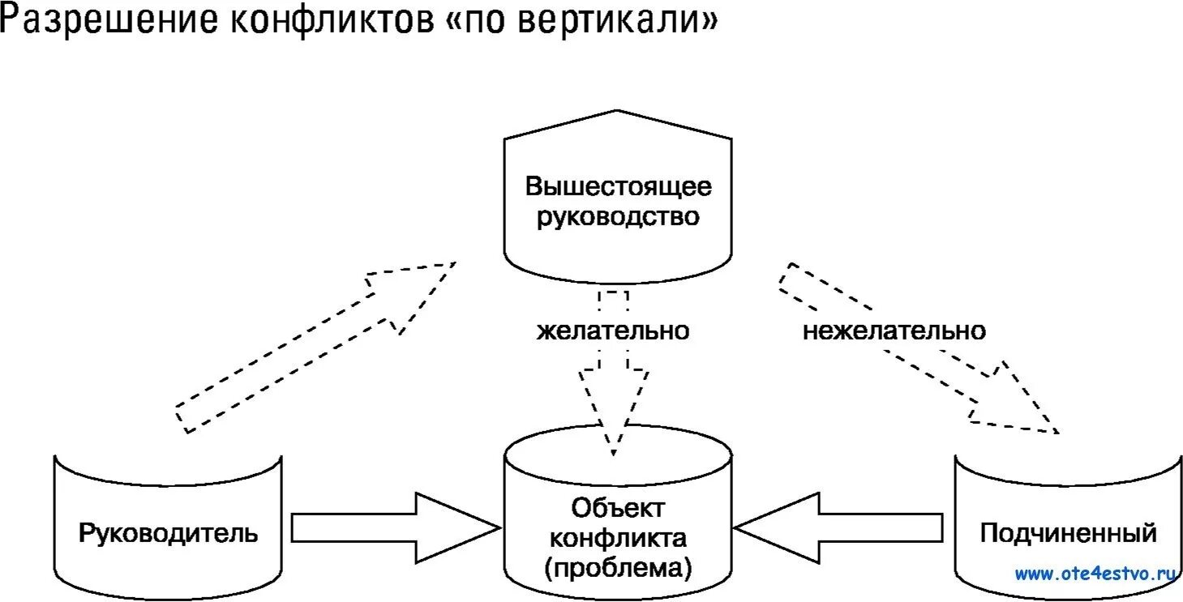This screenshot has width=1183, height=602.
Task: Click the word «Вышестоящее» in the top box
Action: coord(618,186)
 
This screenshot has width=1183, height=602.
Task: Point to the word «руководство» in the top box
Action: coord(618,217)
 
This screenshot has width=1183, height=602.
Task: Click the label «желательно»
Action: coord(613,331)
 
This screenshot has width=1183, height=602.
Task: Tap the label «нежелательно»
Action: coord(894,331)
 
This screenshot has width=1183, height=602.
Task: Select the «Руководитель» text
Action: coord(169,533)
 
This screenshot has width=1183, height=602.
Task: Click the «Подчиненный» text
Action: coord(1068,533)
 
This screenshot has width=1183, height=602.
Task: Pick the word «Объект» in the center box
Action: coord(618,508)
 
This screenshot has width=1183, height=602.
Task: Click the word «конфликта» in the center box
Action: coord(618,537)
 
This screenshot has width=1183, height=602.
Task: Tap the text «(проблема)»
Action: coord(618,567)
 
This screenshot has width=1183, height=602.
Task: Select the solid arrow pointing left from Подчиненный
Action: coord(843,527)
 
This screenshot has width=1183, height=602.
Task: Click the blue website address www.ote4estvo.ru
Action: coord(1095,574)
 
